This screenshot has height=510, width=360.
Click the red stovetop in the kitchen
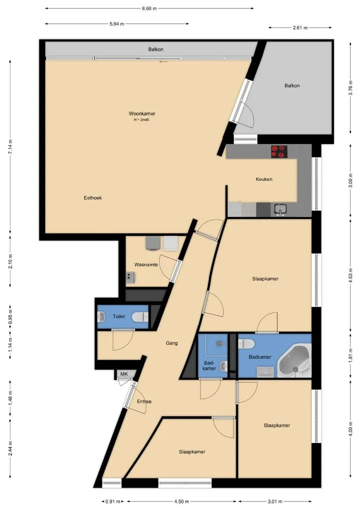279,152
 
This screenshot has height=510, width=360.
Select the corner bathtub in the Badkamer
294,362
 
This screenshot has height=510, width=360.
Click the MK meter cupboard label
124,374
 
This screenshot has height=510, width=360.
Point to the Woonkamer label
142,114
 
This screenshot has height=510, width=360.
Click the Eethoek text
93,197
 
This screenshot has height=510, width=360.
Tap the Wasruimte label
146,264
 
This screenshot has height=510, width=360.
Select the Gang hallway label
171,343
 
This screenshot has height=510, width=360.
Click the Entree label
144,401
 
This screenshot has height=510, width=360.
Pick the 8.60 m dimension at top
149,9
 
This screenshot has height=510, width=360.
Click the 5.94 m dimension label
116,24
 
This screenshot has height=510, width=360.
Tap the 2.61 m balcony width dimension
300,28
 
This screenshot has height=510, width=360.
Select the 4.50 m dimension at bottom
181,501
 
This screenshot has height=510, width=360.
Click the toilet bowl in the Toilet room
140,316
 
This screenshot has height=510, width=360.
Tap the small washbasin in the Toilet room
101,316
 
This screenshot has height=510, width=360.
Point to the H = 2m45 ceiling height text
141,120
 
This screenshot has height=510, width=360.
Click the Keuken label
264,179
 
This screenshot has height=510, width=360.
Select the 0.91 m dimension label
112,501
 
